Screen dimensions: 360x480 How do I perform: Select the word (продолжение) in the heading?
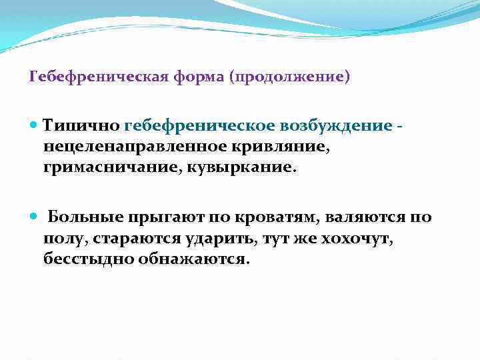(x=289, y=77)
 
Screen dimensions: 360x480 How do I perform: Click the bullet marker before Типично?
(x=35, y=125)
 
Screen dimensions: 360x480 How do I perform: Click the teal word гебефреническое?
(x=193, y=125)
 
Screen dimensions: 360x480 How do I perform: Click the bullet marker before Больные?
(x=35, y=217)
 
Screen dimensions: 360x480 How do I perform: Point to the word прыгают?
(x=166, y=217)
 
